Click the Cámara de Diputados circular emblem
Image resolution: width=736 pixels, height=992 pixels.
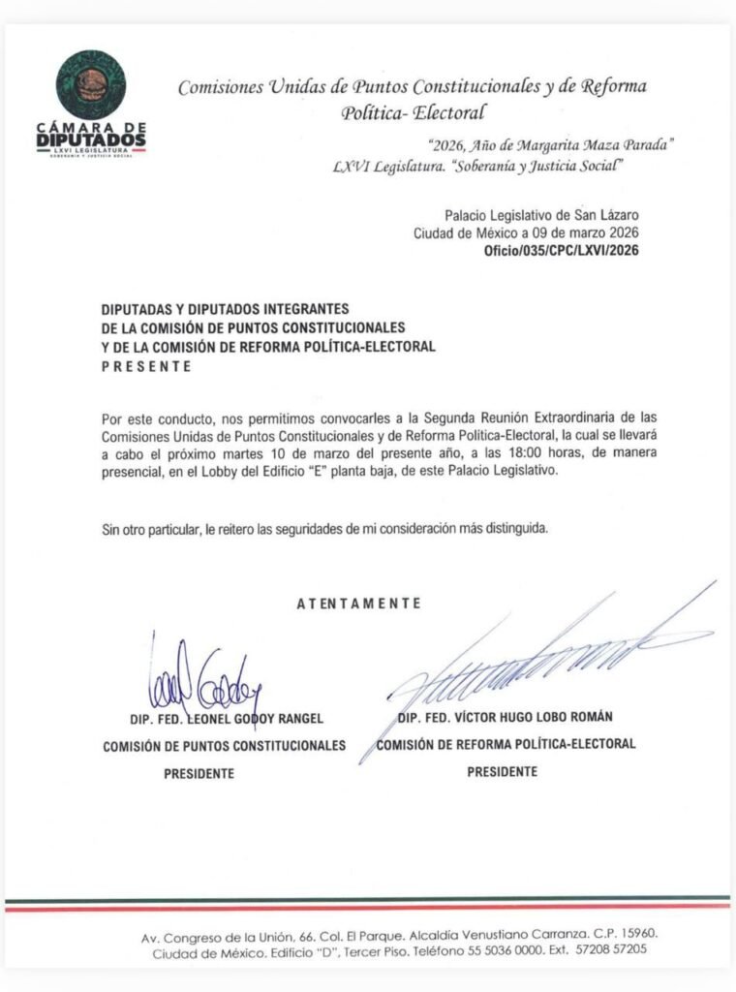pyautogui.click(x=90, y=84)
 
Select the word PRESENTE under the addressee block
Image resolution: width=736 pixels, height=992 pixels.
pyautogui.click(x=146, y=367)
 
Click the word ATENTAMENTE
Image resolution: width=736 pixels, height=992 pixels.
pyautogui.click(x=359, y=604)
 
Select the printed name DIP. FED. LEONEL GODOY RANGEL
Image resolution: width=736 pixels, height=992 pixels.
pyautogui.click(x=226, y=719)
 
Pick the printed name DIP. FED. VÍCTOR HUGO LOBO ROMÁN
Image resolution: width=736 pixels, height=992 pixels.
pyautogui.click(x=505, y=717)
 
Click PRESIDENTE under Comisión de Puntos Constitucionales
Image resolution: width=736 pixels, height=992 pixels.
pyautogui.click(x=199, y=774)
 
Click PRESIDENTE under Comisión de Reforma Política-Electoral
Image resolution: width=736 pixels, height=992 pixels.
pyautogui.click(x=502, y=772)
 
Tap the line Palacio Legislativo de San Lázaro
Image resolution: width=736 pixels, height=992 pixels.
pyautogui.click(x=541, y=215)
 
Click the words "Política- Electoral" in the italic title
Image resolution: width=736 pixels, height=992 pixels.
pyautogui.click(x=413, y=112)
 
